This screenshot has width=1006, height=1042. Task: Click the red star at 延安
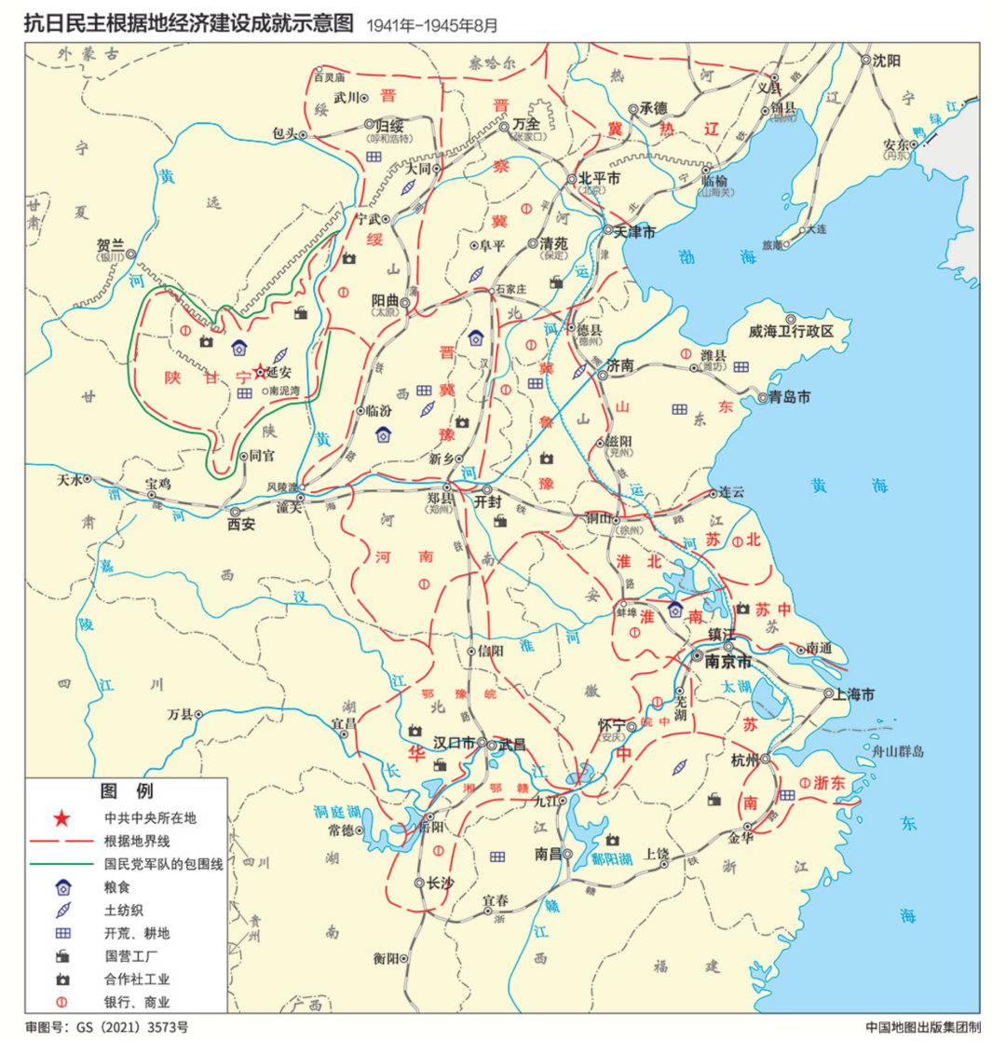pyautogui.click(x=260, y=370)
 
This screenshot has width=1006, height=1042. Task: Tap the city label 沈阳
pyautogui.click(x=887, y=60)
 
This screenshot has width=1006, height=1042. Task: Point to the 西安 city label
pyautogui.click(x=241, y=525)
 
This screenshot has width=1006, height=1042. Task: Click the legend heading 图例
pyautogui.click(x=126, y=792)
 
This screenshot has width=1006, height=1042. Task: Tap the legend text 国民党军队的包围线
pyautogui.click(x=163, y=864)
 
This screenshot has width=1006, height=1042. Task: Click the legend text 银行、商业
pyautogui.click(x=136, y=1002)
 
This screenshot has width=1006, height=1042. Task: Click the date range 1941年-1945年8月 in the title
pyautogui.click(x=432, y=24)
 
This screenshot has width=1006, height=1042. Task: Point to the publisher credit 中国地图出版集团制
pyautogui.click(x=923, y=1027)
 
